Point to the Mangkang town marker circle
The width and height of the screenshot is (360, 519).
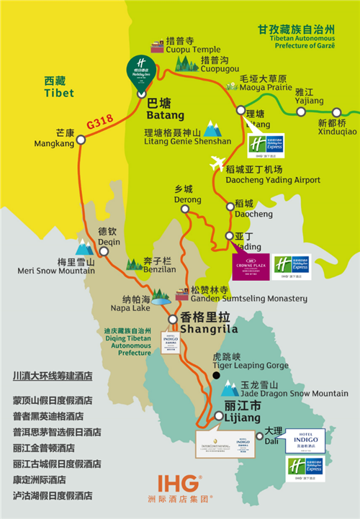[x=81, y=140]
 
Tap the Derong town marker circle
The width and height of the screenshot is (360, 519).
[x=185, y=209]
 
